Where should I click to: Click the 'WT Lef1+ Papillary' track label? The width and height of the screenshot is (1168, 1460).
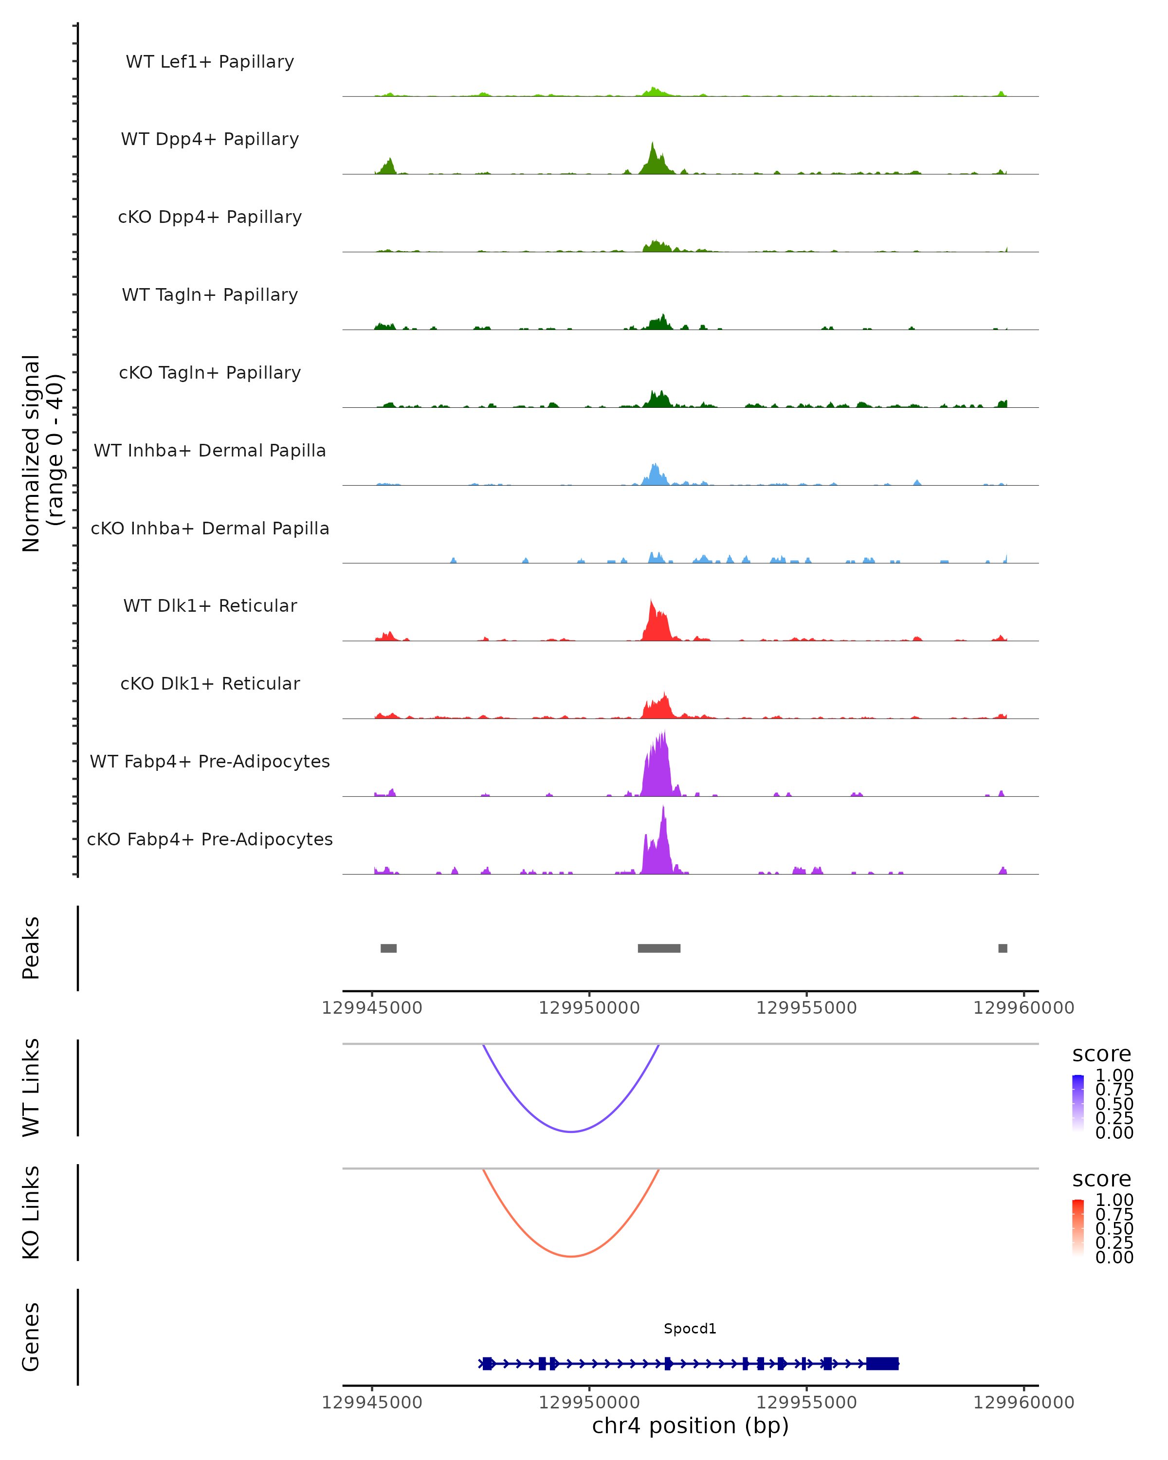(x=210, y=62)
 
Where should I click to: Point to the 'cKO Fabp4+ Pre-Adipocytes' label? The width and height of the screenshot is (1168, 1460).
(x=210, y=839)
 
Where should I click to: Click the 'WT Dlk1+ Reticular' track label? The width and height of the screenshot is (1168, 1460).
(x=210, y=605)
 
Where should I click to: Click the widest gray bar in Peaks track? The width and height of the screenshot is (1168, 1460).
(x=659, y=948)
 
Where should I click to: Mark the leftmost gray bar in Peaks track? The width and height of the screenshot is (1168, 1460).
(x=389, y=948)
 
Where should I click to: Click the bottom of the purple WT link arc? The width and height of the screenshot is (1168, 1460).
(x=571, y=1131)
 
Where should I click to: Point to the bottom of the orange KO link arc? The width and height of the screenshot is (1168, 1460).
(x=571, y=1256)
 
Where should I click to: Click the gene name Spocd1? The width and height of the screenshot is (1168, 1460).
(x=690, y=1328)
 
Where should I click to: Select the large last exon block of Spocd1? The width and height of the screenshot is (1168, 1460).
(x=882, y=1363)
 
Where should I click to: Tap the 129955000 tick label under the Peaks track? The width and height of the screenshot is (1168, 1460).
(x=806, y=1008)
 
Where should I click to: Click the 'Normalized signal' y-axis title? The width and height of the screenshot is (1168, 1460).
(x=31, y=453)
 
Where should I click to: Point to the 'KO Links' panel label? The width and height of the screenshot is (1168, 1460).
(x=31, y=1212)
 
